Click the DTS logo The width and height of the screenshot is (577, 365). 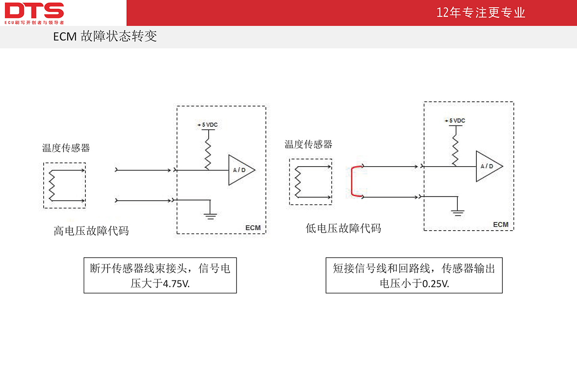click(34, 13)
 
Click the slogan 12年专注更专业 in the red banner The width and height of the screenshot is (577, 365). click(481, 12)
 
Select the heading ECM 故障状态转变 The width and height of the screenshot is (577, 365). click(105, 36)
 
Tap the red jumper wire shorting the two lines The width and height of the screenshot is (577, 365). click(352, 181)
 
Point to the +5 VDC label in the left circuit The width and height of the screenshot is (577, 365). click(207, 125)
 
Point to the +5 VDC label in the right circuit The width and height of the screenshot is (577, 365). click(455, 121)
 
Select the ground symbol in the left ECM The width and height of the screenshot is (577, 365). click(210, 216)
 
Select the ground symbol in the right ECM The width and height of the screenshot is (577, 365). click(458, 213)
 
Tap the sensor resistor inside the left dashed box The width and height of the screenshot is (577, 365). click(52, 185)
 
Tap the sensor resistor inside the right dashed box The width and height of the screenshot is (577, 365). click(298, 182)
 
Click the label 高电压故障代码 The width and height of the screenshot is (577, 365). click(91, 231)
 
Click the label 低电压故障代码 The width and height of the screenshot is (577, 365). click(343, 228)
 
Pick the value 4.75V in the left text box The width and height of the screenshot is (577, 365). click(176, 284)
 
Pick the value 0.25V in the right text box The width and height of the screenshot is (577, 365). click(436, 284)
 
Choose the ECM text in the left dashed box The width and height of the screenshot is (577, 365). click(253, 228)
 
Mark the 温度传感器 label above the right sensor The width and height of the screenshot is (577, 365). click(308, 144)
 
